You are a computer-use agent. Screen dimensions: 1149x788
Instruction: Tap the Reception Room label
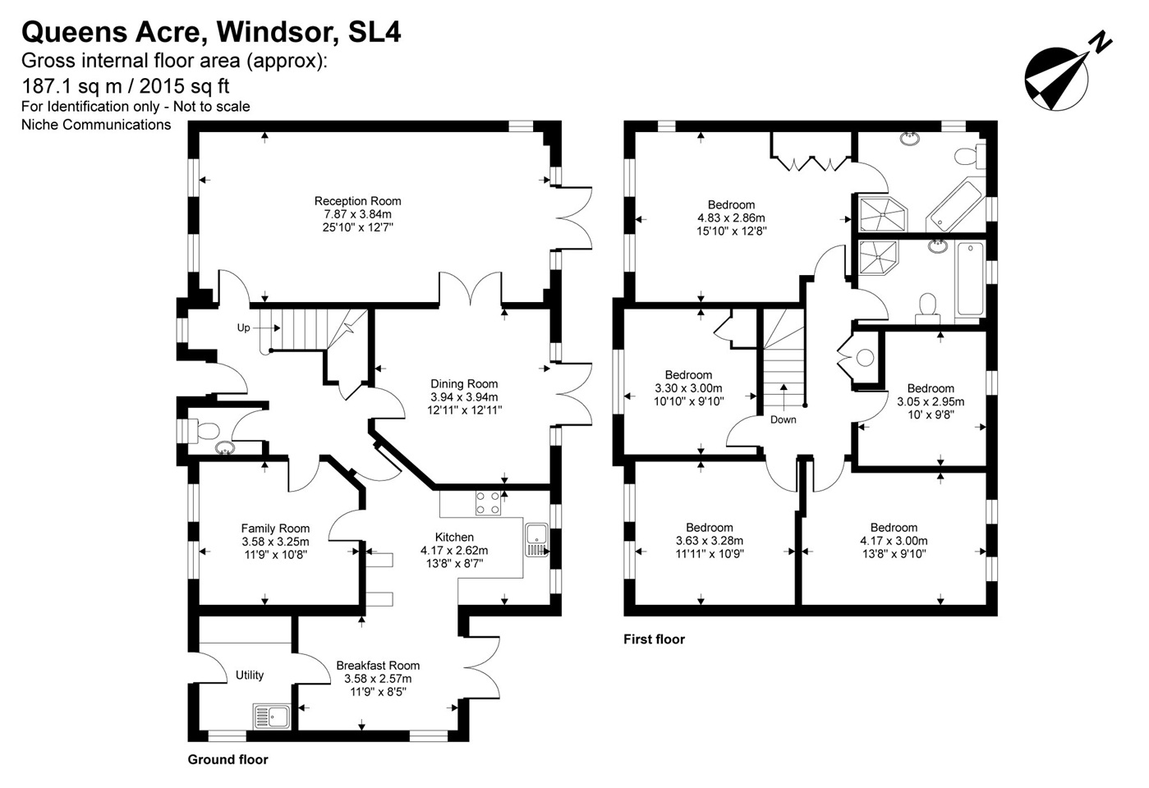[x=357, y=201]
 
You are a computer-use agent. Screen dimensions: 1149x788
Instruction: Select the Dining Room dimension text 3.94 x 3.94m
[x=464, y=396]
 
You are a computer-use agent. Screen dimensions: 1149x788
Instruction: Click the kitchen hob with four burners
[x=488, y=503]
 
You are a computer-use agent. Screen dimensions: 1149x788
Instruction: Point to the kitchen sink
[x=537, y=540]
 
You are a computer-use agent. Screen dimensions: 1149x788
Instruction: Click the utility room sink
[x=272, y=716]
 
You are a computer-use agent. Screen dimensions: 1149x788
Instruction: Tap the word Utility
[x=250, y=675]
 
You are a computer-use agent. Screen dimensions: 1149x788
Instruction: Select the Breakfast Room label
[x=378, y=666]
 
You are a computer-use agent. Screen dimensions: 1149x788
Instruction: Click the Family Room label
[x=275, y=528]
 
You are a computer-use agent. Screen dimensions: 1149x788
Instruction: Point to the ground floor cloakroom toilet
[x=204, y=431]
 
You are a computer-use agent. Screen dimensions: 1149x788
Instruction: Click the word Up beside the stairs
[x=244, y=328]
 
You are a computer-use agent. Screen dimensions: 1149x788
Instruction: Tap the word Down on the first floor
[x=784, y=419]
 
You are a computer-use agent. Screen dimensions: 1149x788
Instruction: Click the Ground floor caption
[x=228, y=759]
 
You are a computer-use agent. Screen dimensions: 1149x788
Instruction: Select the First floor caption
[x=654, y=639]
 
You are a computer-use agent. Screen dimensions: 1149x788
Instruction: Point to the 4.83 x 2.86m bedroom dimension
[x=731, y=218]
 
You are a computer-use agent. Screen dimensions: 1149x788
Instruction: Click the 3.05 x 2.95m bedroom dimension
[x=931, y=401]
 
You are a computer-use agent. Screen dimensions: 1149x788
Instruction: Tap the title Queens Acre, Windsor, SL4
[x=211, y=32]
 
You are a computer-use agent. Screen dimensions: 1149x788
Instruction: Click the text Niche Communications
[x=96, y=125]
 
